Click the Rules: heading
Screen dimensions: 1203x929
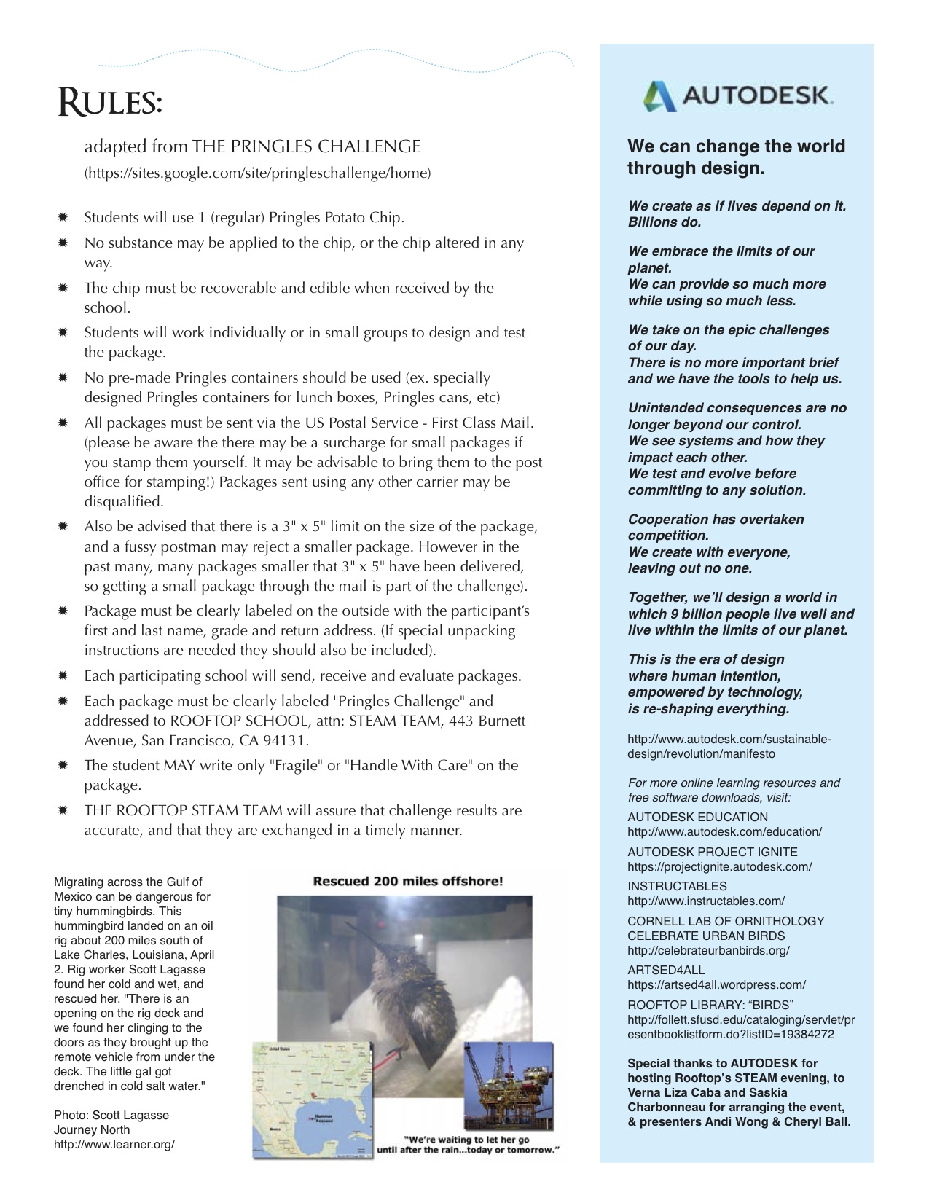tap(110, 103)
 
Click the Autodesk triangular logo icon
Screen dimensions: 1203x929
tap(660, 96)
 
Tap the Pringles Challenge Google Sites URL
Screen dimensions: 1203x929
tap(257, 173)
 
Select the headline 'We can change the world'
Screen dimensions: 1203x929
tap(736, 146)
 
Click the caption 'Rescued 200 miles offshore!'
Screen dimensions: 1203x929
tap(407, 881)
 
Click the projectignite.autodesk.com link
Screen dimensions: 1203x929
tap(719, 867)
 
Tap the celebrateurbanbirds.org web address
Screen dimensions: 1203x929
tap(708, 951)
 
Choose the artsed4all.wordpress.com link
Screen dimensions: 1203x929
tap(716, 985)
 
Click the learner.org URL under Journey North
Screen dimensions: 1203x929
tap(114, 1145)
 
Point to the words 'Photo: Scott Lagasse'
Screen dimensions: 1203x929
tap(111, 1116)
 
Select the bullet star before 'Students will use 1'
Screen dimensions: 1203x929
tap(63, 217)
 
